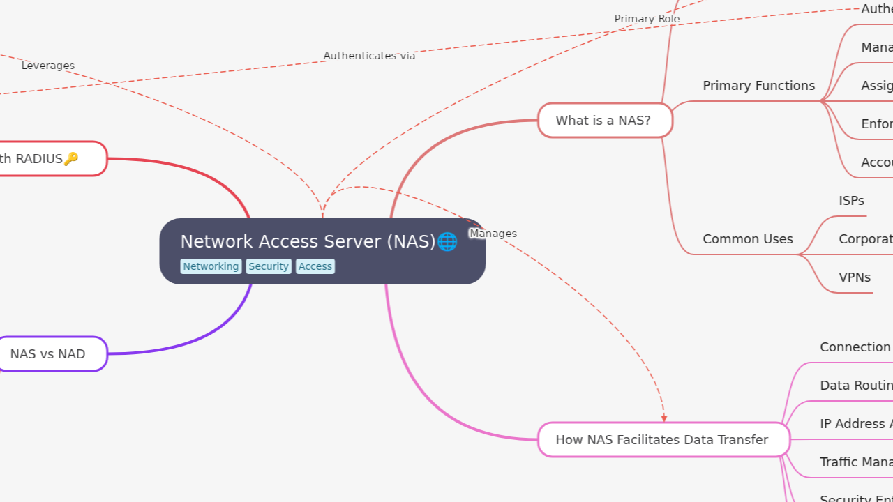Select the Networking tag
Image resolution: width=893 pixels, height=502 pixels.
211,266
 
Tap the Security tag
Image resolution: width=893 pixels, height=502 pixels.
269,266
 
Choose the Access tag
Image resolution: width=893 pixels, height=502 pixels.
315,266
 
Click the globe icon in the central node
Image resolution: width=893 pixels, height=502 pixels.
447,242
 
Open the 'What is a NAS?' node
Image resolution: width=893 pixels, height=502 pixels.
605,121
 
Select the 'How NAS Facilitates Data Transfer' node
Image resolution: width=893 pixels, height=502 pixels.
663,440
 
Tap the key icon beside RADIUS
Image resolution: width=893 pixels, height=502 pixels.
71,159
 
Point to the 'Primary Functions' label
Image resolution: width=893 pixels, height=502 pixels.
758,86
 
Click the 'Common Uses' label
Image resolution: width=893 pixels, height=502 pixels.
747,239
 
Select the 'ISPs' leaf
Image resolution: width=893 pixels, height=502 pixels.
851,201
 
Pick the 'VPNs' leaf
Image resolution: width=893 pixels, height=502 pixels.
855,277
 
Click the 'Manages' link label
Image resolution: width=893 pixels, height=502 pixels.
493,234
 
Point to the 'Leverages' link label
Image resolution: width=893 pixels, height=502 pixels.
48,66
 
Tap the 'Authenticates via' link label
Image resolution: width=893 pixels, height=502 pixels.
369,56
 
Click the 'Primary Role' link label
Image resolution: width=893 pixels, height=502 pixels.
647,19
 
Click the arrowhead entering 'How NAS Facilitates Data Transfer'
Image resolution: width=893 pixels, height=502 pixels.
664,418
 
